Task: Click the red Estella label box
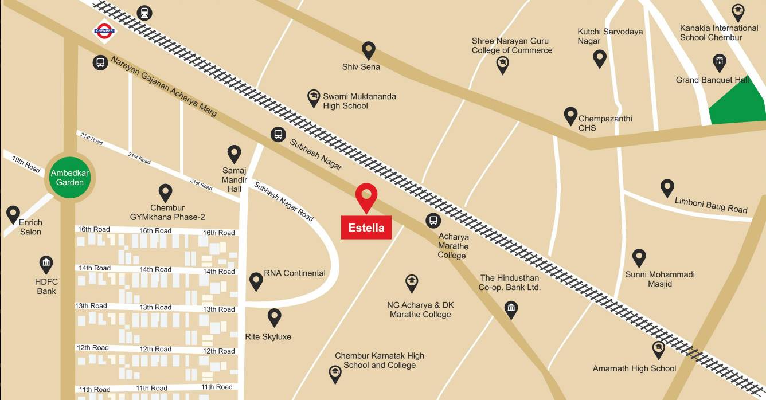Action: [366, 227]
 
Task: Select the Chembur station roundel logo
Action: [104, 32]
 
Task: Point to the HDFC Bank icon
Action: [46, 264]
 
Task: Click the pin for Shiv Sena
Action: [368, 50]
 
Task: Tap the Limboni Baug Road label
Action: [711, 205]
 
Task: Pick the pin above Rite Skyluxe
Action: [275, 317]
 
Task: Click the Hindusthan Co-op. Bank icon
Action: [511, 309]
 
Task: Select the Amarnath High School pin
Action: [659, 349]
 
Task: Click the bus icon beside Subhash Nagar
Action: [278, 135]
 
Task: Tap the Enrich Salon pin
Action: [13, 214]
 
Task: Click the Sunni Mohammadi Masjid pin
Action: [639, 257]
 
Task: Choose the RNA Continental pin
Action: [256, 281]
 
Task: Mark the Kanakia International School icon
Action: [738, 11]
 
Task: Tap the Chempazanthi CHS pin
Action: [570, 115]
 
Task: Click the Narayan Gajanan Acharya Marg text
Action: [164, 86]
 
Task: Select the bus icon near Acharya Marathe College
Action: [433, 220]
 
